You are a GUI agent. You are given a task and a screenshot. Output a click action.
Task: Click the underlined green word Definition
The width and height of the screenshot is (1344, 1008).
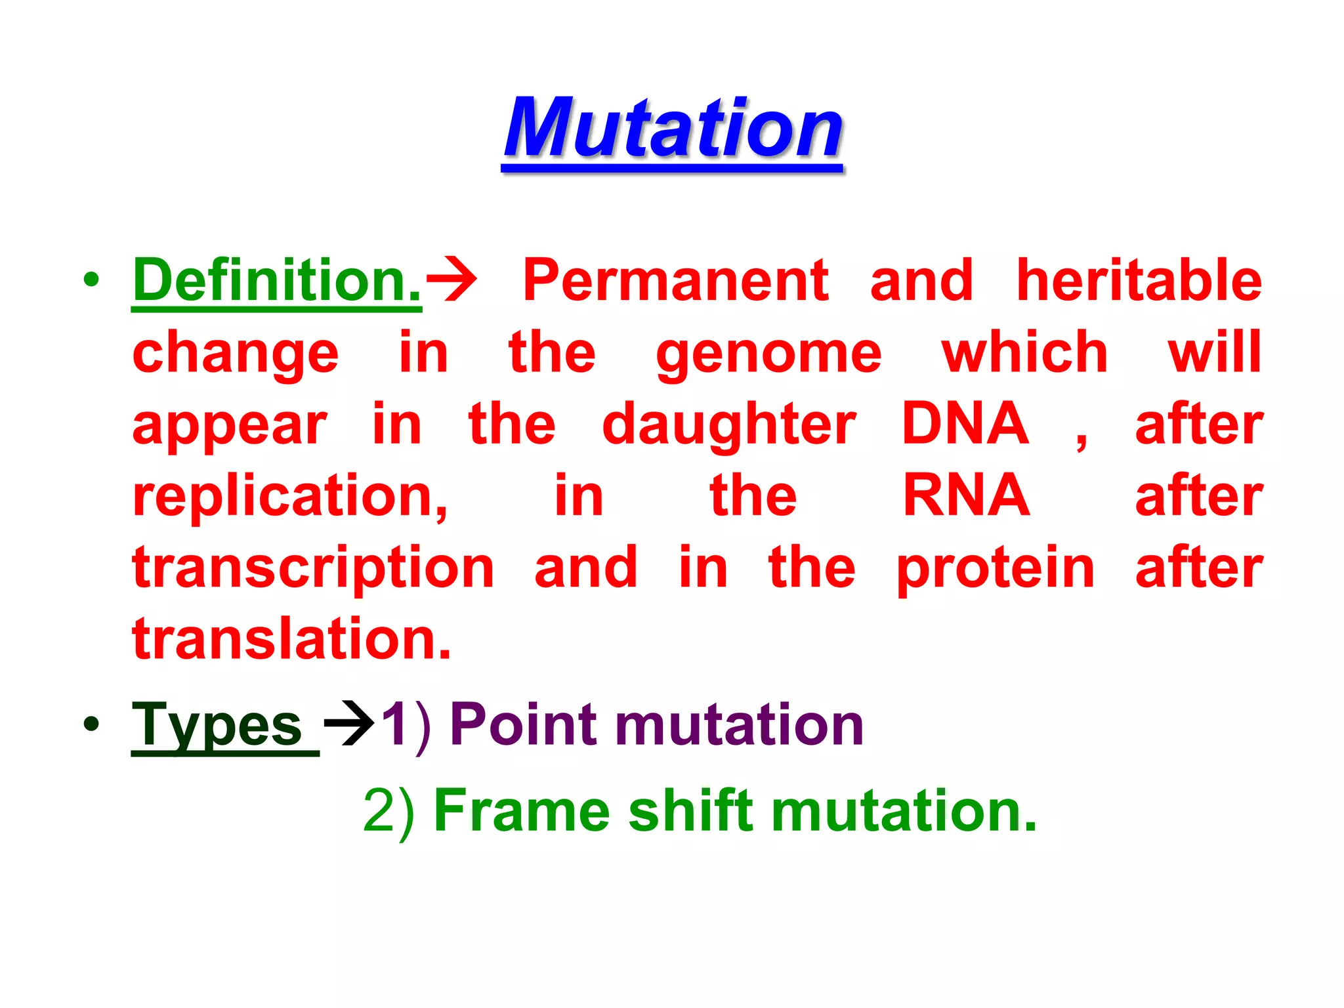coord(276,281)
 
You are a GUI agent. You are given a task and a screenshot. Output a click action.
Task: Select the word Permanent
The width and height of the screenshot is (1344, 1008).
coord(675,281)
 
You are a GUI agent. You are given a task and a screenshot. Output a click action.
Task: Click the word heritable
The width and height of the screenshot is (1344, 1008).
coord(1139,281)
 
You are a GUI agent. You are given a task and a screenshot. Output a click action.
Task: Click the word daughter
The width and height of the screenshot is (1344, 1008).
coord(728,425)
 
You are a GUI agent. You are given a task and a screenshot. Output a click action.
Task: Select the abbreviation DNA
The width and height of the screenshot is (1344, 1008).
coord(965,424)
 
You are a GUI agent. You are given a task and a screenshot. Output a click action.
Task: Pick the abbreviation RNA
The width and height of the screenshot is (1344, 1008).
coord(965,496)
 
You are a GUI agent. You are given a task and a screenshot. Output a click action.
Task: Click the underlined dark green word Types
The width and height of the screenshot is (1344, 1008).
coord(217,726)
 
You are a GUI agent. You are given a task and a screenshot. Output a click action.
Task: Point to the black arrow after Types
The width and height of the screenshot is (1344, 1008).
coord(348,724)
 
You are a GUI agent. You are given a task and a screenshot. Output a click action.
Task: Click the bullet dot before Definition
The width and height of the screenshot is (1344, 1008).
coord(91,280)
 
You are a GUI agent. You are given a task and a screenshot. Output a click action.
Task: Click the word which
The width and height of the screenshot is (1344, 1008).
coord(1024,353)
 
